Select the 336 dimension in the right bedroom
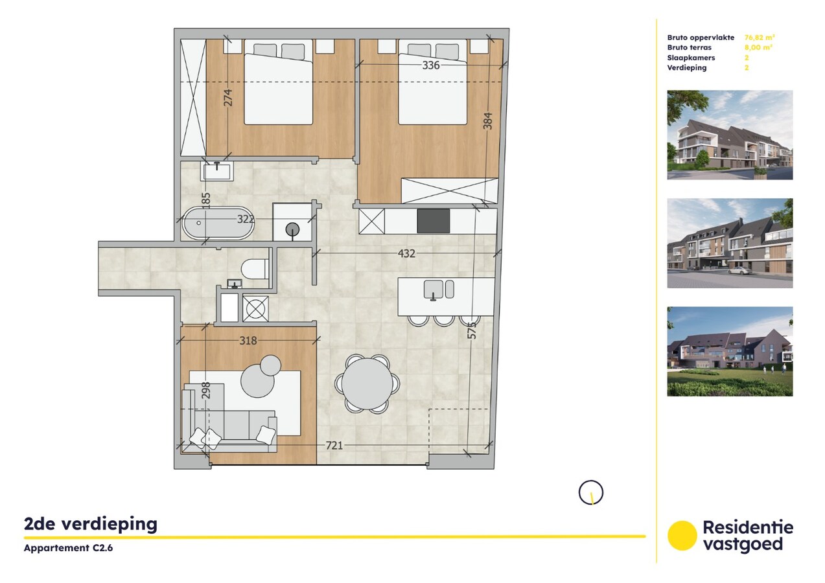click(x=430, y=65)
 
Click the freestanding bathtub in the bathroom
click(x=218, y=223)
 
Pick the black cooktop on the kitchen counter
click(x=433, y=222)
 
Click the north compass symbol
click(x=590, y=492)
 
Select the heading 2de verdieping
click(x=90, y=523)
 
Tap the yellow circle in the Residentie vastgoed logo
click(x=682, y=536)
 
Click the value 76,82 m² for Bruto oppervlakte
click(x=760, y=38)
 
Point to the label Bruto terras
click(x=689, y=47)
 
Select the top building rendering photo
click(x=730, y=135)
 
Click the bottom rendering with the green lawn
click(x=730, y=351)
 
